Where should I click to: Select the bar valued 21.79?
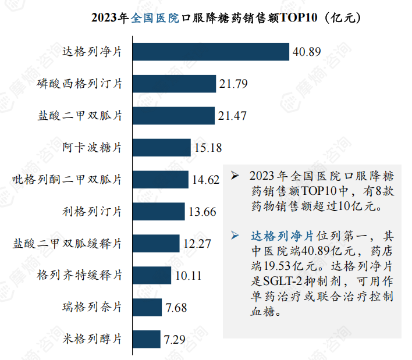[x=174, y=84]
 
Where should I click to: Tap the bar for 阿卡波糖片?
[x=162, y=148]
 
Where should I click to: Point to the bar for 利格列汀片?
[x=158, y=211]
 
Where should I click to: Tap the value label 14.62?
[x=205, y=180]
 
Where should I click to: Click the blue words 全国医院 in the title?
[x=156, y=17]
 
